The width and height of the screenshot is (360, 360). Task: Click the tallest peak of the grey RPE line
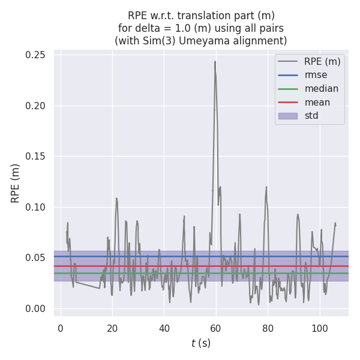tap(215, 61)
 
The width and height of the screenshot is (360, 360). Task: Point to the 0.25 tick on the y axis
tap(37, 55)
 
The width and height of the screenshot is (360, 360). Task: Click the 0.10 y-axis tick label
tap(37, 208)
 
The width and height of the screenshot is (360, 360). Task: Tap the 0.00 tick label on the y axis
tap(37, 309)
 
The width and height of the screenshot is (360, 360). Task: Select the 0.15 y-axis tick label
tap(37, 157)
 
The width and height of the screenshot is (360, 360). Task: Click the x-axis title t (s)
tap(201, 343)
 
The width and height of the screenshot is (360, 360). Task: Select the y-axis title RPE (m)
tap(16, 183)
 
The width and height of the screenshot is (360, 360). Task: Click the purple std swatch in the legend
tap(287, 116)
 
